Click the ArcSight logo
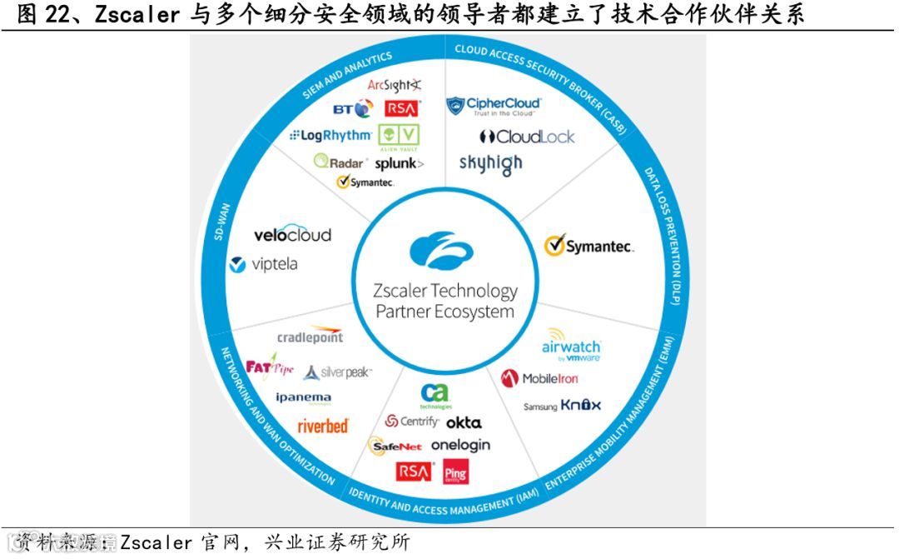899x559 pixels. (x=395, y=85)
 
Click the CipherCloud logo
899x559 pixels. (x=494, y=106)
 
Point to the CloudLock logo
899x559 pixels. (x=527, y=137)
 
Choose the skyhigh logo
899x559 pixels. (x=490, y=163)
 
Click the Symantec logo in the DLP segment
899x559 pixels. (x=589, y=246)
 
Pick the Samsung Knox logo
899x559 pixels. (x=562, y=406)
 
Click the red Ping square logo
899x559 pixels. (x=456, y=472)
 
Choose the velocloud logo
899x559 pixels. (x=281, y=235)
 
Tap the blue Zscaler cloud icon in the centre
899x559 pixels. (x=442, y=251)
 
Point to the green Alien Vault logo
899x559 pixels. (x=399, y=135)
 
